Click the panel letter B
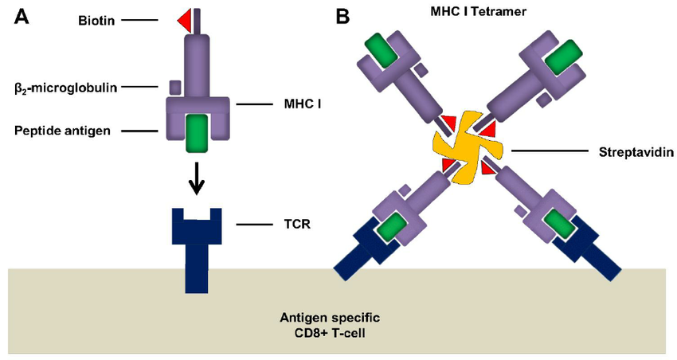pyautogui.click(x=342, y=17)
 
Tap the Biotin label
pyautogui.click(x=96, y=20)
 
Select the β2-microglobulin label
pyautogui.click(x=65, y=88)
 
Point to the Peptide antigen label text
pyautogui.click(x=62, y=131)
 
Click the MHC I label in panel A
pyautogui.click(x=302, y=104)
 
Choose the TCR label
pyautogui.click(x=297, y=225)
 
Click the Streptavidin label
pyautogui.click(x=636, y=152)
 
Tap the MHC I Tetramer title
pyautogui.click(x=478, y=11)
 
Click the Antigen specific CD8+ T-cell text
pyautogui.click(x=331, y=326)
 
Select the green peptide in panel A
pyautogui.click(x=197, y=133)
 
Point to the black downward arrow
pyautogui.click(x=197, y=178)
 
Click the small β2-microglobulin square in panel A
pyautogui.click(x=175, y=87)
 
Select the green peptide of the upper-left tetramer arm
pyautogui.click(x=382, y=51)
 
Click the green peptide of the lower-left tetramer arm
pyautogui.click(x=392, y=227)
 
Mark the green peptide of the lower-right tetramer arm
pyautogui.click(x=559, y=225)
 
